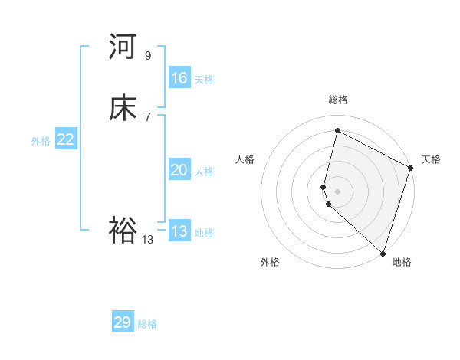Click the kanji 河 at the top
click(123, 47)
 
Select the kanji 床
click(123, 109)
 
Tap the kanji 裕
click(123, 231)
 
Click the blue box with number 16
click(179, 78)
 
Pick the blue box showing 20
click(179, 170)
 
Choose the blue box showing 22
click(66, 139)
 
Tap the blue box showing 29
click(123, 322)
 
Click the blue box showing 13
click(179, 231)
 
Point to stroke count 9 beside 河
click(148, 55)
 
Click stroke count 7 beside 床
click(148, 116)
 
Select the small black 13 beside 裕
click(148, 239)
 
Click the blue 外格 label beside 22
click(41, 141)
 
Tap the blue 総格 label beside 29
click(148, 324)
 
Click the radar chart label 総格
click(337, 100)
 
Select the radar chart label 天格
click(431, 159)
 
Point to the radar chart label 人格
click(245, 159)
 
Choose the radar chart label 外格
click(270, 262)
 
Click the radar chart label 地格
click(402, 262)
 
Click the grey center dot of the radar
click(337, 191)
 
